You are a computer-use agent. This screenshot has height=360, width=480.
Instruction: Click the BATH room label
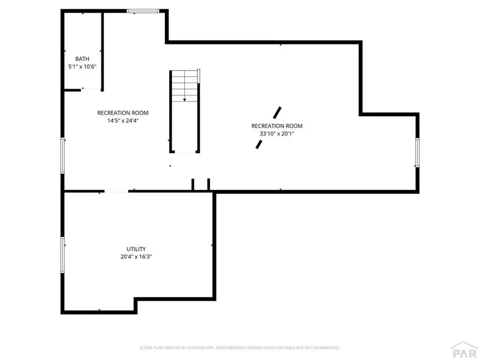(82, 59)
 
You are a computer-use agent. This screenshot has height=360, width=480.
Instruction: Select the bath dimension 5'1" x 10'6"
(82, 67)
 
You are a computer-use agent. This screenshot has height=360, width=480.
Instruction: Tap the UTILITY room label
(136, 249)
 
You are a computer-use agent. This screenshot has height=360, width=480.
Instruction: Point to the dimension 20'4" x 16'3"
(136, 257)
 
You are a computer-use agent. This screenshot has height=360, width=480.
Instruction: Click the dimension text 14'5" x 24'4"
(123, 120)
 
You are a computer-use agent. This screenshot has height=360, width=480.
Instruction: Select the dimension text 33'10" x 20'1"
(277, 134)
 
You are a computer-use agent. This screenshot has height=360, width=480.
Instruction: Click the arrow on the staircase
(185, 99)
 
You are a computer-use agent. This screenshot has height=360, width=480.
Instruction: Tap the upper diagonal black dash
(277, 112)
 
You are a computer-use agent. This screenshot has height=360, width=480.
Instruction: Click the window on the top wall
(143, 11)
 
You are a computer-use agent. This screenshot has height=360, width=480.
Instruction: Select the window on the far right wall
(417, 152)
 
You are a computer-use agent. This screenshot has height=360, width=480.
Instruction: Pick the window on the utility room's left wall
(62, 255)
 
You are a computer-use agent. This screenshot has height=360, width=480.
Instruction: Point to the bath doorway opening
(91, 89)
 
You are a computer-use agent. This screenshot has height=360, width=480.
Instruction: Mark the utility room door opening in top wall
(116, 191)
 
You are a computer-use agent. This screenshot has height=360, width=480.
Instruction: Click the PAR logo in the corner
(463, 349)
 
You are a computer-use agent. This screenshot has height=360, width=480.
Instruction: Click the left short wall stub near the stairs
(193, 184)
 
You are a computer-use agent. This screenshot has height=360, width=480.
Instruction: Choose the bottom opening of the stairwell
(185, 152)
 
